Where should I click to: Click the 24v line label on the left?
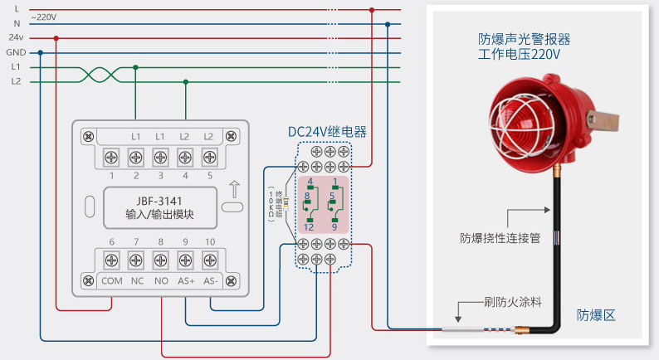(16, 37)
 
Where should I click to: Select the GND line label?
(16, 52)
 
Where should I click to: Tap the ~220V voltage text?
(44, 17)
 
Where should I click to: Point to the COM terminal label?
(111, 280)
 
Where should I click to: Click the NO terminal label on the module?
(161, 280)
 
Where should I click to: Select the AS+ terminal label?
(186, 280)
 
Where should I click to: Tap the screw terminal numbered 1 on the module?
(111, 156)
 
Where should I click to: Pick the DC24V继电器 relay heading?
(327, 131)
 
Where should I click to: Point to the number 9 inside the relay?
(334, 226)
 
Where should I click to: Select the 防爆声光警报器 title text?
(525, 39)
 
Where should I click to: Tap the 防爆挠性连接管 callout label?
(500, 238)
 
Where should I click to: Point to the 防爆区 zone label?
(596, 315)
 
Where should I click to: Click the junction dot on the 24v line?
(56, 38)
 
